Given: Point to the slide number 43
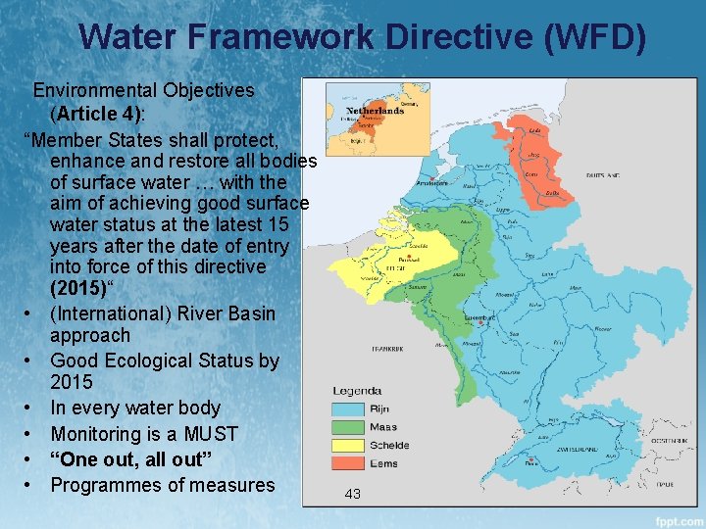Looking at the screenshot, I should point(353,494).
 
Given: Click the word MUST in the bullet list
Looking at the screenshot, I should point(203,434).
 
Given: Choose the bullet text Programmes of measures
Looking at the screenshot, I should point(162,485).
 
